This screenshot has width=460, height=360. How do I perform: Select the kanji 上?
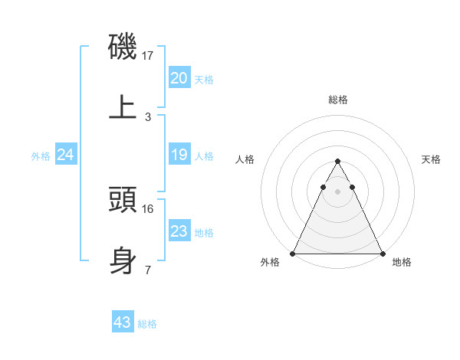123,107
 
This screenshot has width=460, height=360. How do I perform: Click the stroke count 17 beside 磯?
149,56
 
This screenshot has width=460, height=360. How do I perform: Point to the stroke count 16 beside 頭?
149,208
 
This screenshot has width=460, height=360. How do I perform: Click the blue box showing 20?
179,77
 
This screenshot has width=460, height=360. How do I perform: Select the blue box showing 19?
179,155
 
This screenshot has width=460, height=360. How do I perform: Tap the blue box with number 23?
179,231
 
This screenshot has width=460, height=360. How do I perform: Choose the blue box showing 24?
66,155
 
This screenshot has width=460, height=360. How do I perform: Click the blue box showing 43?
123,322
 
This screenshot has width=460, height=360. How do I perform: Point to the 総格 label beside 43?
147,324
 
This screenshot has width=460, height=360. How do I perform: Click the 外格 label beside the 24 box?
41,155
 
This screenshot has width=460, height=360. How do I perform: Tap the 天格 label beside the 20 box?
204,79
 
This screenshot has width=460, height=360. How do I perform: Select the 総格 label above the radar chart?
337,100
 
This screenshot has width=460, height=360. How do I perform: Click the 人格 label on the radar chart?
245,159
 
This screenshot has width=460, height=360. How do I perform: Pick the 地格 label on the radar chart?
402,262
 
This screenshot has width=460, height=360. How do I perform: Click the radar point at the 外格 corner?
293,253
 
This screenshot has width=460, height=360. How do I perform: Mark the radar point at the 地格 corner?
382,253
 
